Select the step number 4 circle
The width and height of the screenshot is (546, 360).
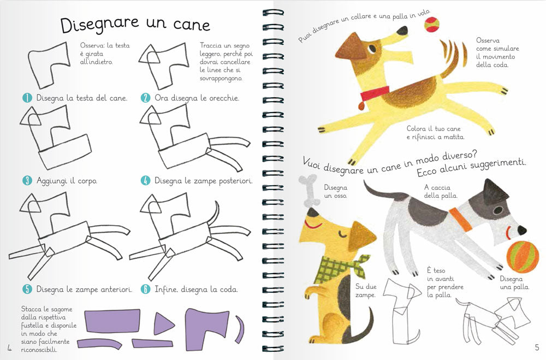click(x=145, y=180)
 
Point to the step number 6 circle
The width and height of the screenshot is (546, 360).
click(x=145, y=289)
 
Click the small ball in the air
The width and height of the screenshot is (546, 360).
click(x=431, y=23)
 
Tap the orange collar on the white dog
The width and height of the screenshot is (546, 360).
click(x=462, y=219)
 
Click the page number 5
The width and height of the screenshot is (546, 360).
click(x=536, y=347)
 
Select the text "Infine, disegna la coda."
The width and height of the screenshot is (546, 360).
click(x=196, y=289)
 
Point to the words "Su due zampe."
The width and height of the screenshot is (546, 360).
click(x=366, y=291)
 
